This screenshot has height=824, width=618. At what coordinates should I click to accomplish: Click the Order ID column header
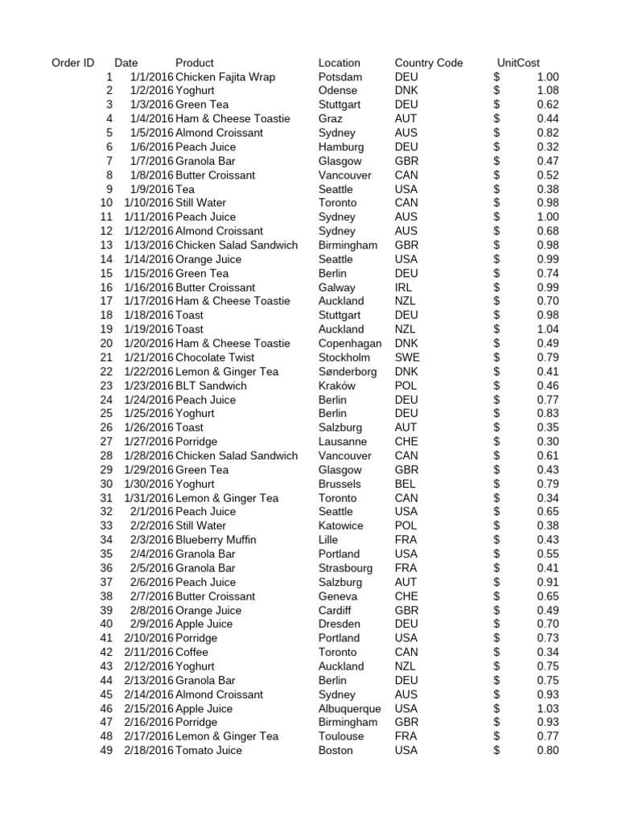click(72, 63)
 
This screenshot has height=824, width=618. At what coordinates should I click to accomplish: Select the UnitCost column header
click(518, 63)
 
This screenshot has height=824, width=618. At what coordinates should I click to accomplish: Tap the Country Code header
click(428, 63)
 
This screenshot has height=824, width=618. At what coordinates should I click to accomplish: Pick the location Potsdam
click(340, 77)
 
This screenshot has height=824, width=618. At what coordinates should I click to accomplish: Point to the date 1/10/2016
click(148, 203)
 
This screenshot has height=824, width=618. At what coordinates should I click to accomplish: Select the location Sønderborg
click(348, 372)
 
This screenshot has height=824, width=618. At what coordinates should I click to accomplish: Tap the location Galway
click(336, 287)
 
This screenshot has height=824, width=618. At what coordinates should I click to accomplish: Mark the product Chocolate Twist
click(214, 357)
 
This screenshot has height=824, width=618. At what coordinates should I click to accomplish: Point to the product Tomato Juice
click(208, 751)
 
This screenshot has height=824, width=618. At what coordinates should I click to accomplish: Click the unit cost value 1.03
click(547, 709)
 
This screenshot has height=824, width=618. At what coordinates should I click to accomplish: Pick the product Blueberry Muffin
click(215, 540)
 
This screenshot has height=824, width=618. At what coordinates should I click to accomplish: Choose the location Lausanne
click(342, 442)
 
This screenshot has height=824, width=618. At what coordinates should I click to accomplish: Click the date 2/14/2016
click(148, 694)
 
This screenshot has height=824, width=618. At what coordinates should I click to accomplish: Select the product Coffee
click(192, 653)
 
